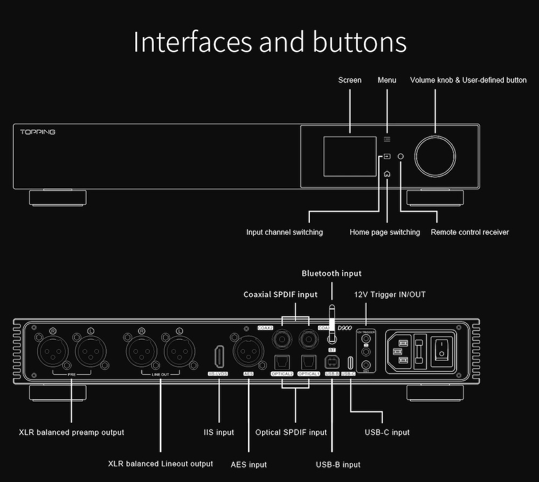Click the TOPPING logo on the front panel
[38, 132]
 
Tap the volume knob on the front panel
[436, 156]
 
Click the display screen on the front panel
[349, 156]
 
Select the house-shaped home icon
[387, 174]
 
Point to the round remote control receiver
[400, 156]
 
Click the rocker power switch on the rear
[441, 348]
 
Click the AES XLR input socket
[248, 351]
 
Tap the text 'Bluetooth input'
[331, 274]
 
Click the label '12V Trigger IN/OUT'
[390, 295]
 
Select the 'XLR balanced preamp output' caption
[72, 432]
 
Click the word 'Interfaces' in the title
[191, 43]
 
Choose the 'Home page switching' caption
[385, 232]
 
